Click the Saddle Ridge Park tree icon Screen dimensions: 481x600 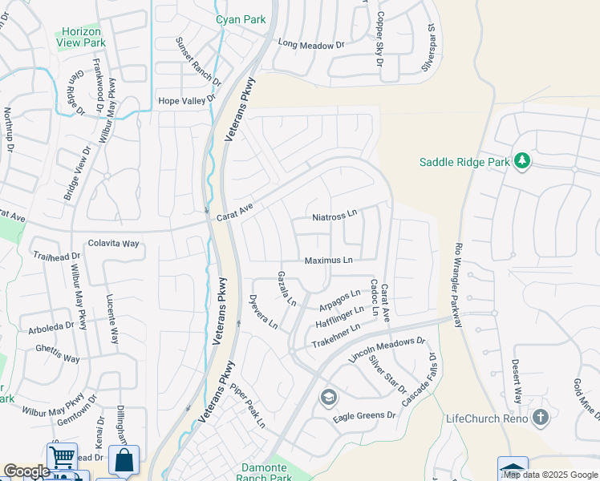522,162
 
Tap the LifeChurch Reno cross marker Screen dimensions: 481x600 541,418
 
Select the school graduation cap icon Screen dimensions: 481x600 328,397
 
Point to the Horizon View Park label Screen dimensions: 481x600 82,36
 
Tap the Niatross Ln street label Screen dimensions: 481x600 334,216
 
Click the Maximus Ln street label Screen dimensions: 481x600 328,261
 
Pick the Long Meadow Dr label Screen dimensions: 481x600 305,46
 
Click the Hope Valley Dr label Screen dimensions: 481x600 188,100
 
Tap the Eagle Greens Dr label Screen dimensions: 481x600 365,415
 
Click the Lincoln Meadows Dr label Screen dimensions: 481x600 386,351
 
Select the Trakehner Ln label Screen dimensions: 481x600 336,337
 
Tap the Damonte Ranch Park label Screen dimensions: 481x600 267,472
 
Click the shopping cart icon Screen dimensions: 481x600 61,457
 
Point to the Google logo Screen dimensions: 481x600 26,471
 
